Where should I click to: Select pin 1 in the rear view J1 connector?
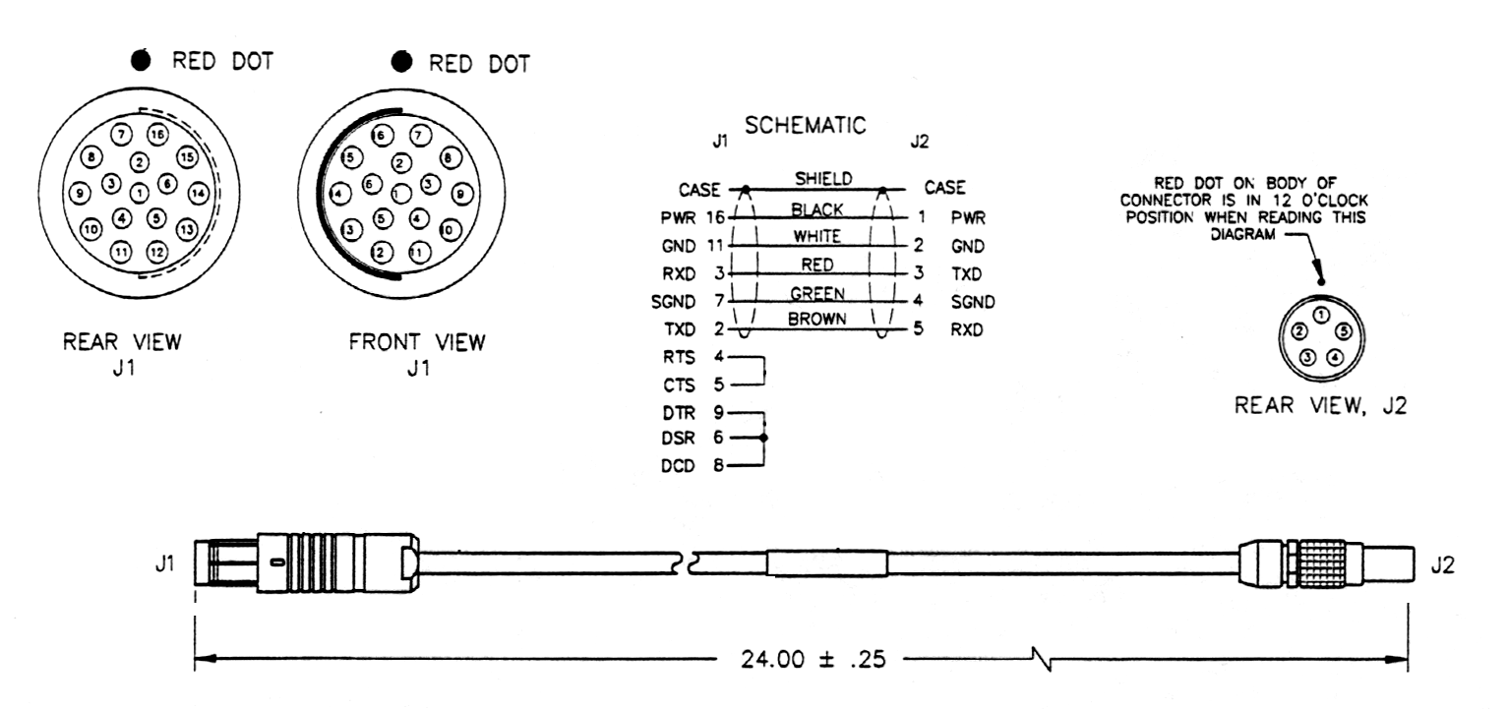click(140, 192)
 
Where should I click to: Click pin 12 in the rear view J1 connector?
click(156, 251)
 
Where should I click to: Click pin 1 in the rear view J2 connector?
click(1321, 315)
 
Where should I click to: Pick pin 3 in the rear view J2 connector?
click(1307, 357)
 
